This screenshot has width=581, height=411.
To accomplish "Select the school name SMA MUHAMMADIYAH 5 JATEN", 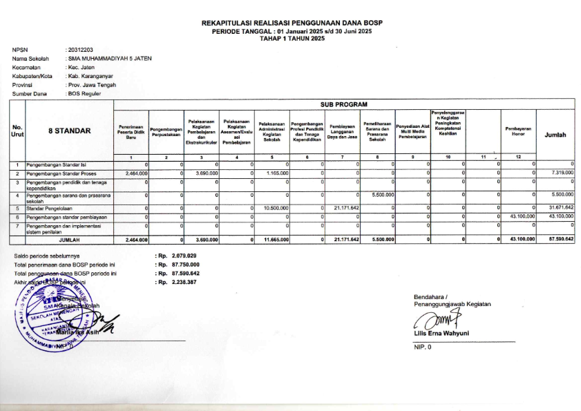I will (x=108, y=59).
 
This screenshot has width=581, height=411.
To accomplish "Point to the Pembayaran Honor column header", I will (x=518, y=131).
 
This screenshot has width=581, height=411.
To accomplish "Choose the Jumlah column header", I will (x=555, y=135).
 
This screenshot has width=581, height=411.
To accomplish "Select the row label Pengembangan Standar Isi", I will (x=55, y=165).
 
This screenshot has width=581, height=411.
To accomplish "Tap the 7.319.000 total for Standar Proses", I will (x=559, y=173).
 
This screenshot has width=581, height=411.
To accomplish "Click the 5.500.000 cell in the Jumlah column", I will (x=559, y=196).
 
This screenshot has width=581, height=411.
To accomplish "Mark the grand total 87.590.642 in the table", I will (x=559, y=240).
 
